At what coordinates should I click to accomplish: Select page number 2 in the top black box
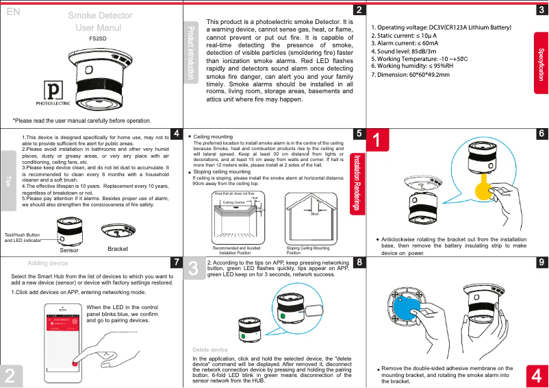[358, 10]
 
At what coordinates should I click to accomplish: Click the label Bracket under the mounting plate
[118, 249]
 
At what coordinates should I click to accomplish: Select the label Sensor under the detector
[69, 251]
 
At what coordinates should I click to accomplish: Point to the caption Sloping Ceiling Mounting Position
[307, 250]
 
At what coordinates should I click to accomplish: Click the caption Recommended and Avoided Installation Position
[236, 250]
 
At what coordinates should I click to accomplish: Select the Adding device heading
[47, 263]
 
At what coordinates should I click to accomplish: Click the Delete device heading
[210, 350]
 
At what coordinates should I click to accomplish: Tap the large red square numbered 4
[538, 376]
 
